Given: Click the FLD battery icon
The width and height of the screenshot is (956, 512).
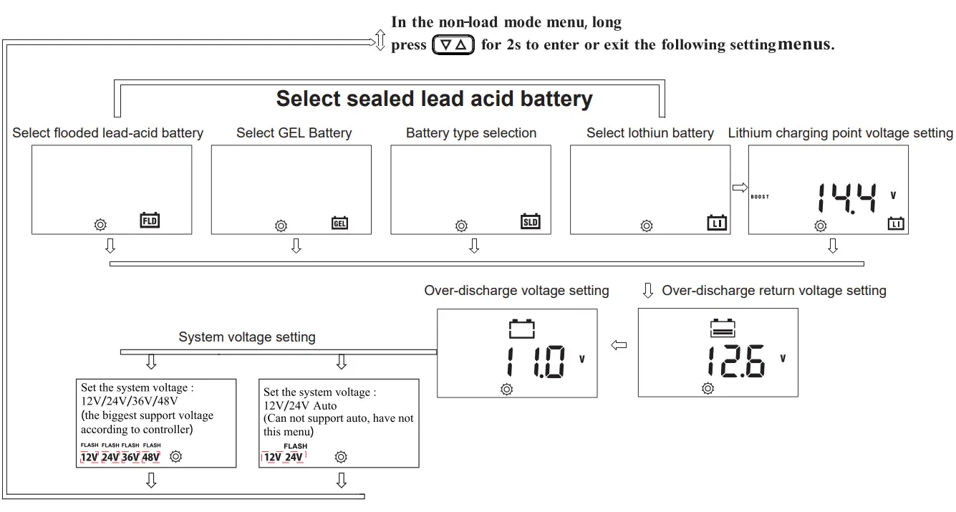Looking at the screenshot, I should (x=150, y=221).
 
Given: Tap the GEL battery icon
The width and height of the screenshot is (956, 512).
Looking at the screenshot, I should (x=339, y=223).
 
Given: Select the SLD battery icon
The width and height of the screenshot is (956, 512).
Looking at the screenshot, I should (x=530, y=221).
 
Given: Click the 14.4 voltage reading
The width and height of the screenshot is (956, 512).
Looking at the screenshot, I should (x=847, y=198).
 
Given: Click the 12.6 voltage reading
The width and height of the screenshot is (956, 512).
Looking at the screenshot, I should (x=735, y=362).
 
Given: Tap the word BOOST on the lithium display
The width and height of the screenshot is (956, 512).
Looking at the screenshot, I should (x=760, y=197).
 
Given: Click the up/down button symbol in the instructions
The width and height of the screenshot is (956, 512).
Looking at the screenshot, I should (x=453, y=45).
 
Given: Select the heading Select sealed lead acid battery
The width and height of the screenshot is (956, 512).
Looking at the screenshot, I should (x=434, y=99).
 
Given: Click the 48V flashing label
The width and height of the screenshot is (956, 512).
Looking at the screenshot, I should (x=151, y=457).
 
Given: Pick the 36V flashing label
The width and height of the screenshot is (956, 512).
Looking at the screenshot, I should (x=130, y=457).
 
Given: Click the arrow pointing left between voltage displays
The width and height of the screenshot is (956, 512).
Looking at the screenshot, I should (x=619, y=346).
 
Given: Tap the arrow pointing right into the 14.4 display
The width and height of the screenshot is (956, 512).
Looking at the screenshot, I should (x=740, y=188).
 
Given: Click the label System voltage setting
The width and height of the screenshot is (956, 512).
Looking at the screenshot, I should (x=247, y=337).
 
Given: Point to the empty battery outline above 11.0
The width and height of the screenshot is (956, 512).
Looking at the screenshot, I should (x=521, y=328).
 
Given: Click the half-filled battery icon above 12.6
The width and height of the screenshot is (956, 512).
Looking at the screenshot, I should (x=722, y=328).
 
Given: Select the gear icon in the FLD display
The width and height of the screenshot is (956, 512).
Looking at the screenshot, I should (x=100, y=225).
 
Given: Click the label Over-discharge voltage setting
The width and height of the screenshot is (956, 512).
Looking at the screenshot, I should (x=516, y=291).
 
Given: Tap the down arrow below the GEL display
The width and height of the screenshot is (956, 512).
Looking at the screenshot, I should (x=296, y=246).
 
